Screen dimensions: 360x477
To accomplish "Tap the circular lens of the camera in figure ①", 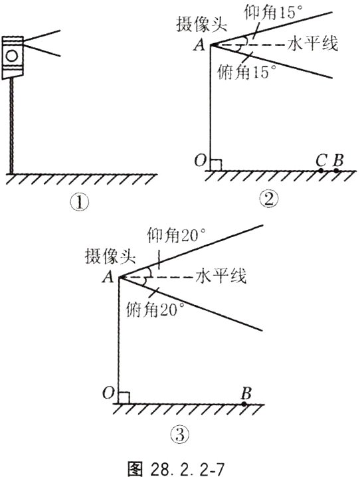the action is pos(12,56).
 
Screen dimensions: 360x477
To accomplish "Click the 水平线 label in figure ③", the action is pos(220,276).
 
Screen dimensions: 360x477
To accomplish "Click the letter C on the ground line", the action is pos(321,159).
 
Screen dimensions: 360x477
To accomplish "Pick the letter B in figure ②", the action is pos(338,159).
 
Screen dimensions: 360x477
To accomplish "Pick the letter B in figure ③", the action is pos(246,391).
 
